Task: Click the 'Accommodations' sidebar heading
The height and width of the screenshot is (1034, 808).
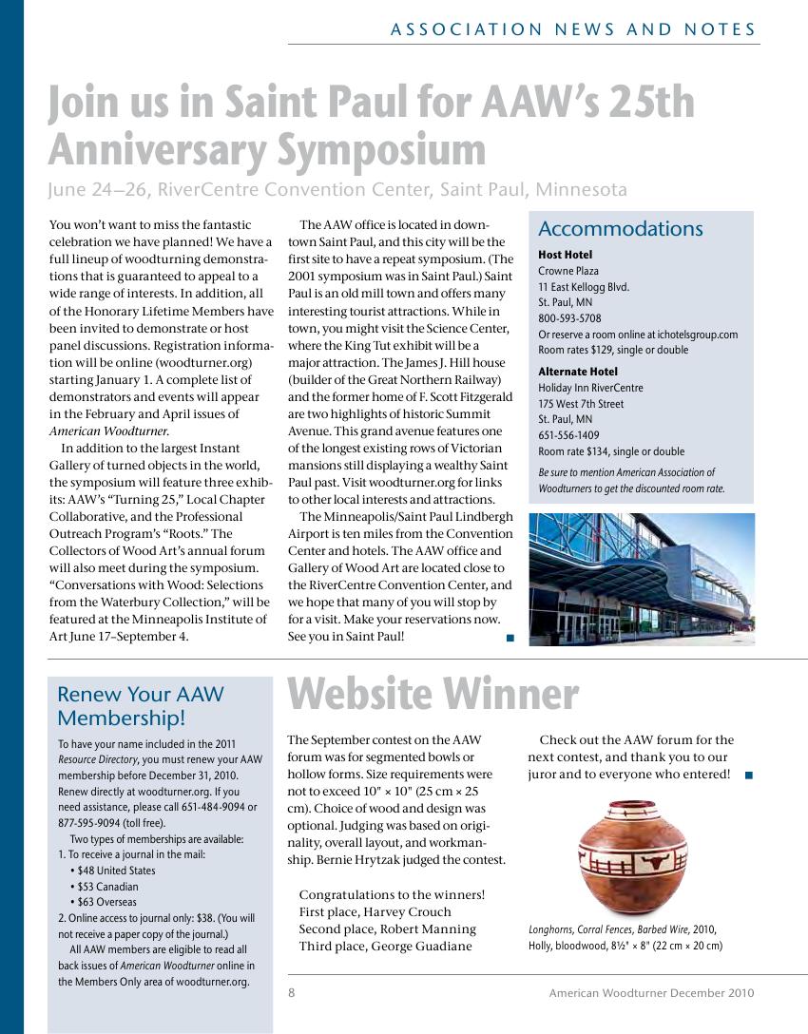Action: pyautogui.click(x=620, y=229)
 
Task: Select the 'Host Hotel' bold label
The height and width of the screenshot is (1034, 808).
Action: pyautogui.click(x=565, y=255)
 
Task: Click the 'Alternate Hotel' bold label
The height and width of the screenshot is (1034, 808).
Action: pyautogui.click(x=577, y=372)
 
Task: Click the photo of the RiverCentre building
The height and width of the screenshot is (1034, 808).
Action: pyautogui.click(x=641, y=579)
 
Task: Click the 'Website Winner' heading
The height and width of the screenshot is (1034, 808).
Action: pyautogui.click(x=433, y=695)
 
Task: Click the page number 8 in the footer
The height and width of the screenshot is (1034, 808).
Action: pyautogui.click(x=292, y=993)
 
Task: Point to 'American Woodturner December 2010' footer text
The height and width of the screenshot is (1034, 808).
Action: pyautogui.click(x=651, y=993)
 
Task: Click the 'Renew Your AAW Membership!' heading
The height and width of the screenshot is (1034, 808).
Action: pyautogui.click(x=140, y=705)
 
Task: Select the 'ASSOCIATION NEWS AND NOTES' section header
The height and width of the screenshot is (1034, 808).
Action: pyautogui.click(x=573, y=29)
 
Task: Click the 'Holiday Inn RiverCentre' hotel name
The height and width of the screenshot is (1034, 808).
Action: pyautogui.click(x=590, y=388)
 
